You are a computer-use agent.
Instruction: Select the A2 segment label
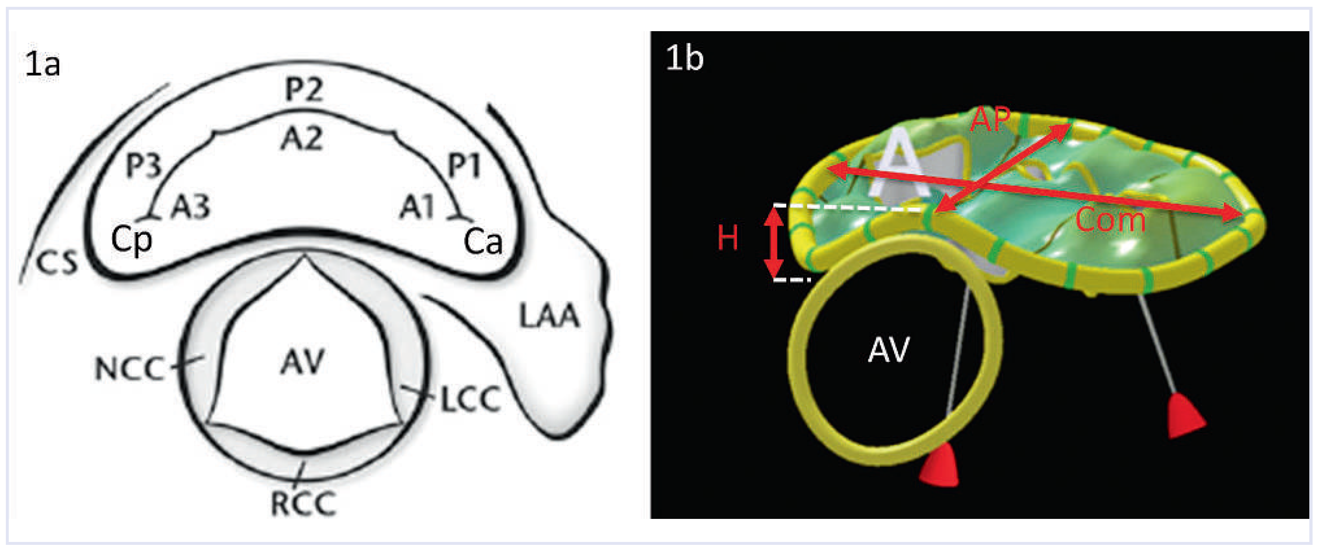point(302,138)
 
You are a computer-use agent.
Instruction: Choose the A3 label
point(190,208)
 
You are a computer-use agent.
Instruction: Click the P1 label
point(464,166)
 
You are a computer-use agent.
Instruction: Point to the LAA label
point(549,316)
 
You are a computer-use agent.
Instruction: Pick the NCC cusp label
point(130,369)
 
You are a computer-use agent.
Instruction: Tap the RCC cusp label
point(303,503)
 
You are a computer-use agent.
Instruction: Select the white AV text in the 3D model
point(889,350)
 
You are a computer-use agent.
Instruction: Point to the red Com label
point(1110,220)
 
